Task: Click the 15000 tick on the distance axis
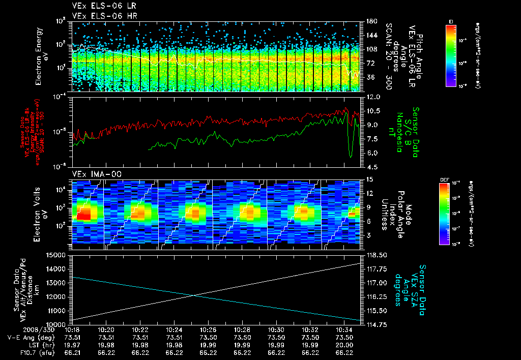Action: [56, 255]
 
